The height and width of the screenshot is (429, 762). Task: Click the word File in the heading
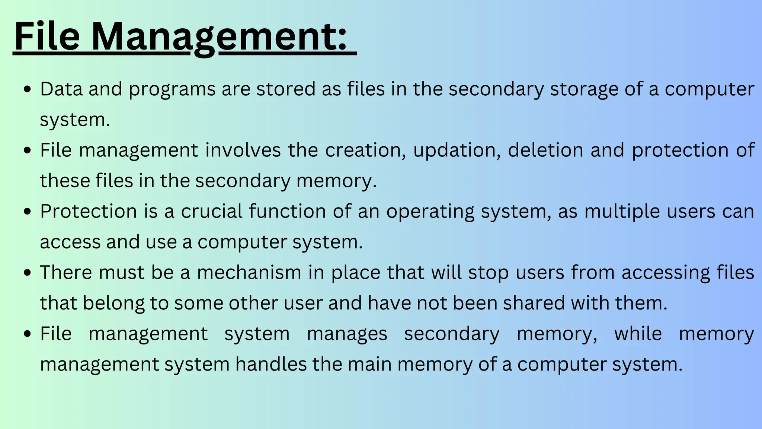pos(47,36)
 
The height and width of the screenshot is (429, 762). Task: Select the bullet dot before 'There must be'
pos(27,273)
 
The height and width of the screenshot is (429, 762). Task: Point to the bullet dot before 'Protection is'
pos(27,212)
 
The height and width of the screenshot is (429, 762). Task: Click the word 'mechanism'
pos(249,272)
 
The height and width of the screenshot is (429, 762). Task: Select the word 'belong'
pos(113,304)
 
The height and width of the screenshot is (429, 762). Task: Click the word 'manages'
pos(347,334)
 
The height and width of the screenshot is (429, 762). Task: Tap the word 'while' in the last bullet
pos(638,333)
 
